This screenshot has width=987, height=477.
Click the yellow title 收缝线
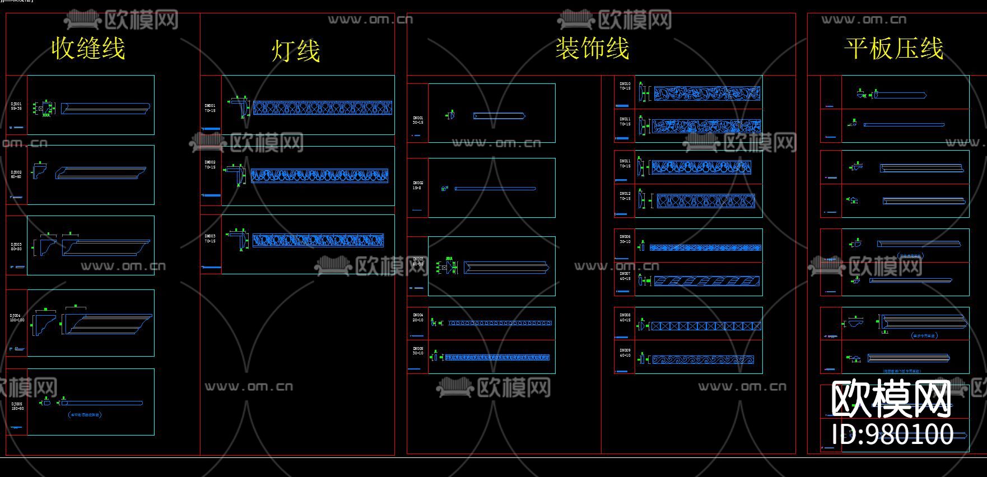88,48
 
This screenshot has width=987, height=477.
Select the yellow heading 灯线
296,51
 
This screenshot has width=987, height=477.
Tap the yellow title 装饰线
592,48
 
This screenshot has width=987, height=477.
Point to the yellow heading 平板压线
893,48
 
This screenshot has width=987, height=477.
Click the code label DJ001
16,104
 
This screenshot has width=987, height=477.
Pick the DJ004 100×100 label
17,317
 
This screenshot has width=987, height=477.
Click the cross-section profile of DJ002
39,170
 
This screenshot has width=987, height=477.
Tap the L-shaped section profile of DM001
241,106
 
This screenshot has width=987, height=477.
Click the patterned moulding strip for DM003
318,240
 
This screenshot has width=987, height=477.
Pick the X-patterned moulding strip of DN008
705,326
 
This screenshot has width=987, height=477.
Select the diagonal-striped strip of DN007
707,281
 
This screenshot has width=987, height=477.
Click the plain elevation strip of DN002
495,189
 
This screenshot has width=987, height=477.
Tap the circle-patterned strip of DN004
500,323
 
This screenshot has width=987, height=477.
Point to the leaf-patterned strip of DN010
707,93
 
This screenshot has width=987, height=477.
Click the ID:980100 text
892,434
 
